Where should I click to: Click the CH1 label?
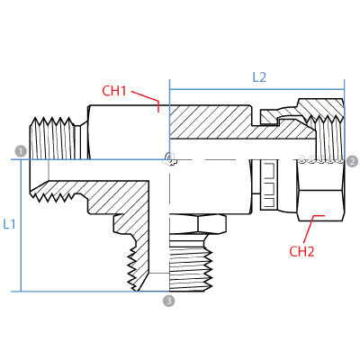[114, 90]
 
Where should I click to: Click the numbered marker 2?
[352, 161]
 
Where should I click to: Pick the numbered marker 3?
[167, 300]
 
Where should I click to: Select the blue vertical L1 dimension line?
[21, 225]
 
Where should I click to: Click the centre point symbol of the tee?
[168, 160]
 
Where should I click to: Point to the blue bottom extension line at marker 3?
[90, 292]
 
